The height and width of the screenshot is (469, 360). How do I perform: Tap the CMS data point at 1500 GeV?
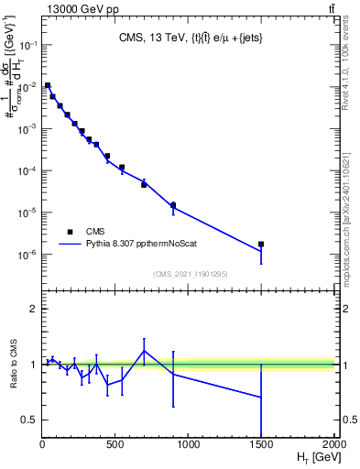coord(261,245)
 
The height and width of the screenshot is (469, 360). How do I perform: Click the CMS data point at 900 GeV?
coord(173,205)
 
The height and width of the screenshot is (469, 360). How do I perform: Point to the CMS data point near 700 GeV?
coord(144,184)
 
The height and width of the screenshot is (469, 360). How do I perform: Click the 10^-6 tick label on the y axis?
coord(27,255)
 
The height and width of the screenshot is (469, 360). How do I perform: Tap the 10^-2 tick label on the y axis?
coord(27,86)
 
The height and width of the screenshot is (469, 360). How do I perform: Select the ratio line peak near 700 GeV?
coord(144,351)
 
